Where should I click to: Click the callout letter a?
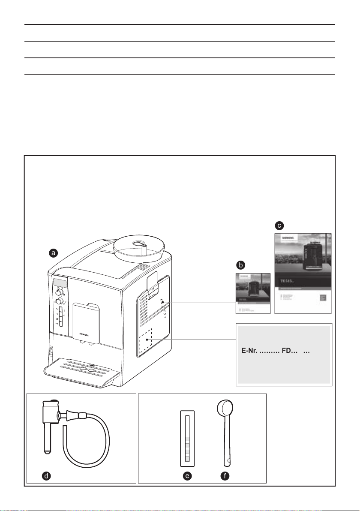pos(53,253)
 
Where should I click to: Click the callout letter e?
pos(187,475)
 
